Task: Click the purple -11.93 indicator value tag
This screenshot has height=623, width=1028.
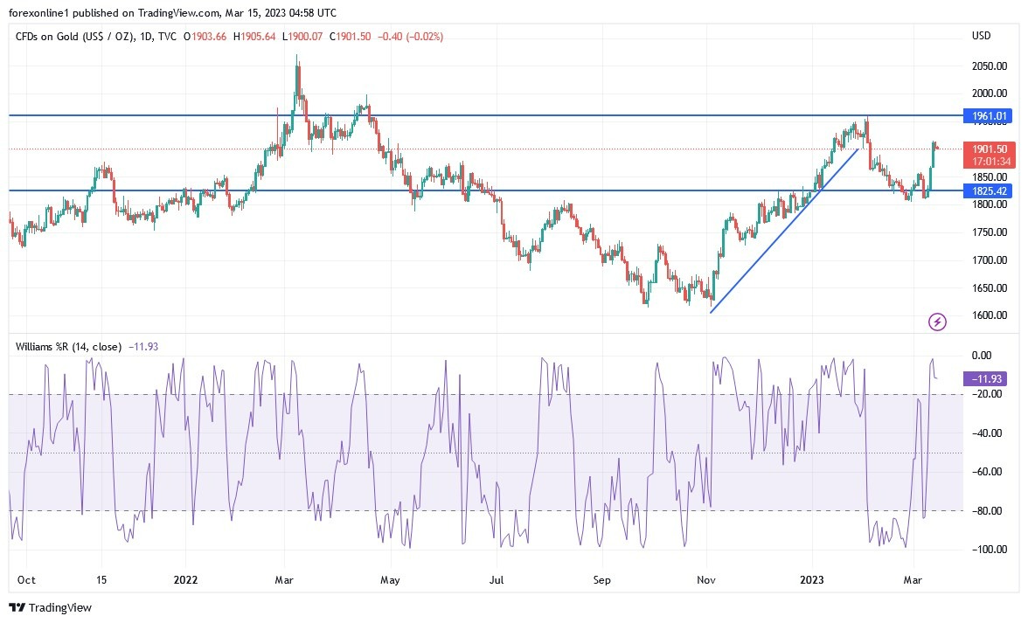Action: (x=983, y=379)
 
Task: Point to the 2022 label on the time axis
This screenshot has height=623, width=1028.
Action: (x=184, y=578)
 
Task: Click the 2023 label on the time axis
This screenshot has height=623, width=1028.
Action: (x=813, y=578)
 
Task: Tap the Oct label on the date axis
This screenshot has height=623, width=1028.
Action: (x=25, y=578)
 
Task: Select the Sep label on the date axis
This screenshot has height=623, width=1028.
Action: (x=601, y=578)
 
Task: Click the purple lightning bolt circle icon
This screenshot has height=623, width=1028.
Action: (x=937, y=322)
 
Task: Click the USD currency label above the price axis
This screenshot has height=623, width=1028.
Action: (x=982, y=36)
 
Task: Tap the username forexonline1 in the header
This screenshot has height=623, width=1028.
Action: (x=42, y=12)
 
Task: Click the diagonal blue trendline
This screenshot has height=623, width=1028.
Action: (x=784, y=231)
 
